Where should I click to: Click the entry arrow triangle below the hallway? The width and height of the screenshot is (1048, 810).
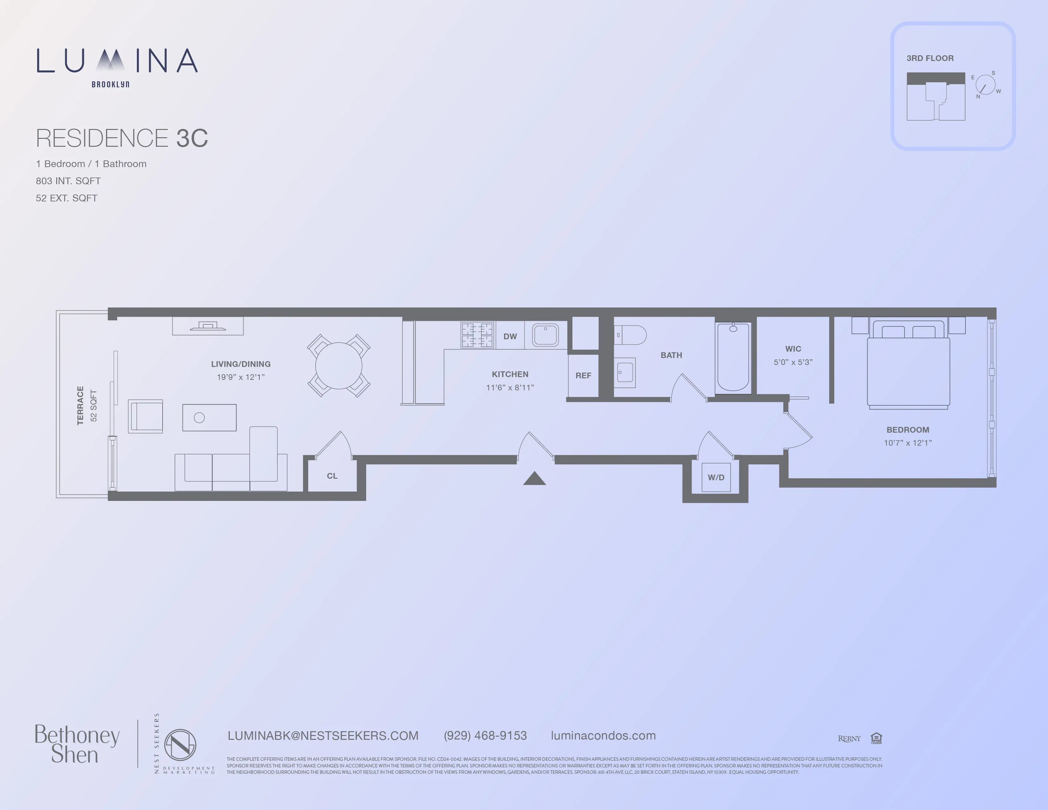click(x=534, y=479)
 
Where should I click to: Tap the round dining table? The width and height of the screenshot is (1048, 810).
click(x=338, y=366)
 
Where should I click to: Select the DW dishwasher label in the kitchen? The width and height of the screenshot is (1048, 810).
click(x=510, y=336)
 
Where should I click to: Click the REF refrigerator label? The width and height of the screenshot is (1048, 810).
click(x=583, y=376)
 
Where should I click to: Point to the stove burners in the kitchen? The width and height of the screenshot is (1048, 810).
click(x=477, y=334)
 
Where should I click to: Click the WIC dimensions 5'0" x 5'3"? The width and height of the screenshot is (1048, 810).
click(x=793, y=362)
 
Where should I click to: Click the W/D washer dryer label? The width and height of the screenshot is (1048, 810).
click(x=716, y=477)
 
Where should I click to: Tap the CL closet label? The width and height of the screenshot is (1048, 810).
click(x=332, y=476)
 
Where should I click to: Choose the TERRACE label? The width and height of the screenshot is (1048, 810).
click(x=80, y=406)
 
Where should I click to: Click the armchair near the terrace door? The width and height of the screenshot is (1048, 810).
click(x=145, y=416)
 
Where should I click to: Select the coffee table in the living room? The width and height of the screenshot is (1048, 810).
click(x=209, y=417)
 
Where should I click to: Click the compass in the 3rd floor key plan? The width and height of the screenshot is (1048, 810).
click(x=985, y=85)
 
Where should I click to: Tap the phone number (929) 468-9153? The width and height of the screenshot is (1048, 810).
click(x=485, y=736)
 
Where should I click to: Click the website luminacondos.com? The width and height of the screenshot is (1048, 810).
click(x=603, y=736)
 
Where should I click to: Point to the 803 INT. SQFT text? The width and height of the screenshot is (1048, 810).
click(x=68, y=181)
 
